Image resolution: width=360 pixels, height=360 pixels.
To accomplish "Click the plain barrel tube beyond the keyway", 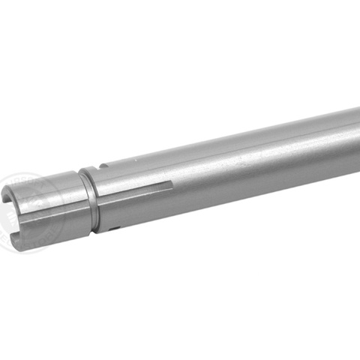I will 270,157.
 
